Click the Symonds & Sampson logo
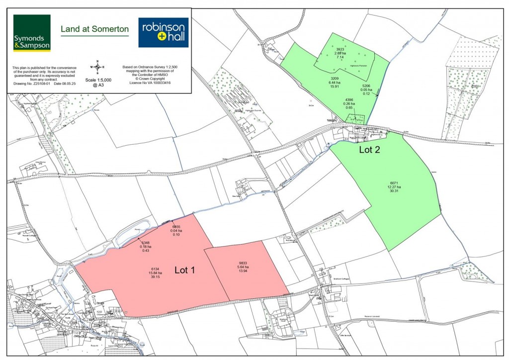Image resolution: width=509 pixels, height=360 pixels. click(32, 33)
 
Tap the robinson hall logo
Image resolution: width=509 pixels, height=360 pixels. click(163, 32)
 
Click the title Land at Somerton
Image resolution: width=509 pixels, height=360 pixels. click(94, 29)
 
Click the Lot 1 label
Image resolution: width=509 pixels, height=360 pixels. click(185, 270)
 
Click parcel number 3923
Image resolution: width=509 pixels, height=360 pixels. click(340, 49)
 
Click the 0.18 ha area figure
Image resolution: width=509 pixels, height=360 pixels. click(146, 247)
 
